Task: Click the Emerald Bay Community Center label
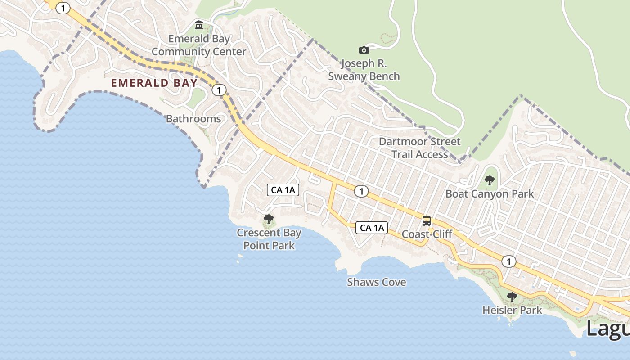point(198,45)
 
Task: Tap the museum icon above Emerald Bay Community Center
point(199,25)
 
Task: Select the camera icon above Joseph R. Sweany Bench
point(364,50)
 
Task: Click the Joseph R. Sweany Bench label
point(364,70)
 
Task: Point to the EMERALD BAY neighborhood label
point(154,83)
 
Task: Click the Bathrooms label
point(193,119)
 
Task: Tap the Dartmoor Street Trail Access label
point(419,148)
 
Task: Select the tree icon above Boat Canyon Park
point(490,181)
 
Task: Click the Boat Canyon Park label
point(490,194)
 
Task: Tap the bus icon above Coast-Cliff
point(427,221)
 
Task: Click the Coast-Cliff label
point(427,234)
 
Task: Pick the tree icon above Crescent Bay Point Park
point(269,220)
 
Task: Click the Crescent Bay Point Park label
point(269,239)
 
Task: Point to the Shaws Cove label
point(376,282)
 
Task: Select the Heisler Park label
point(512,310)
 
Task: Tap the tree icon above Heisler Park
point(512,297)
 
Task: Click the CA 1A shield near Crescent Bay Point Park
point(283,190)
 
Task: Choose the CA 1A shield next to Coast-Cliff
point(372,228)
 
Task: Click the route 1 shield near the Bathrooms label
point(219,90)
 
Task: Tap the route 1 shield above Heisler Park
point(509,261)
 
